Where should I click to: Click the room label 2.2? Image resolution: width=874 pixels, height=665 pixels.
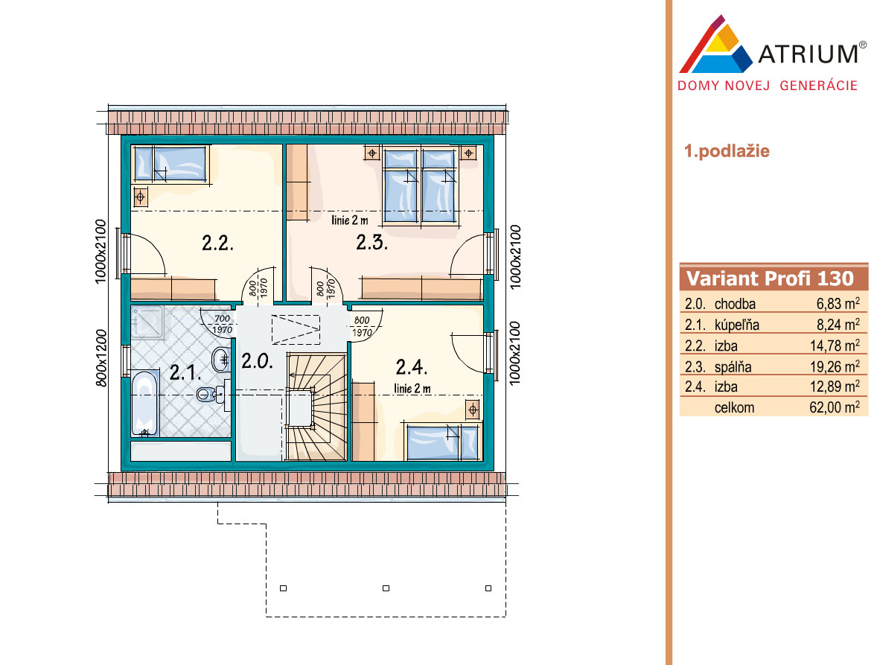(x=217, y=243)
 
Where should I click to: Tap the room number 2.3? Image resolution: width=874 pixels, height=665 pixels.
(x=371, y=243)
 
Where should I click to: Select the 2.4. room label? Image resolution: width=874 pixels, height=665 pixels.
(x=412, y=367)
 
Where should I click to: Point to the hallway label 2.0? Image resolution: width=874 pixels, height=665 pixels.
(x=257, y=361)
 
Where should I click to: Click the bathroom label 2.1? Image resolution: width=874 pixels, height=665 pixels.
(x=185, y=372)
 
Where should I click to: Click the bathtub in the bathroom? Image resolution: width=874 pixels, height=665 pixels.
(x=145, y=404)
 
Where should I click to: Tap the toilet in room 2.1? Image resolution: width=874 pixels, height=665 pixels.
(x=211, y=394)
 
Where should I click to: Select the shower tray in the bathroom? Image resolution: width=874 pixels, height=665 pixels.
(x=147, y=322)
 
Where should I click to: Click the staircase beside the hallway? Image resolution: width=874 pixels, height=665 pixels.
(x=316, y=407)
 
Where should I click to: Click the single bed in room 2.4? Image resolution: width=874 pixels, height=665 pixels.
(x=443, y=442)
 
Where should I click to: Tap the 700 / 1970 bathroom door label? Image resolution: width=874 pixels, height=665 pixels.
(x=222, y=325)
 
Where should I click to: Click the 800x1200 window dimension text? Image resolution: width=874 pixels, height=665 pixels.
(x=101, y=358)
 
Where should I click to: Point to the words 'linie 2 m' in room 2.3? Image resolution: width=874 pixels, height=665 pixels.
(x=349, y=220)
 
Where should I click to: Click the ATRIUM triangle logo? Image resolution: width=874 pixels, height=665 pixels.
(x=715, y=45)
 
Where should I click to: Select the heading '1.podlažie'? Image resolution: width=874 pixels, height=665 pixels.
(x=727, y=151)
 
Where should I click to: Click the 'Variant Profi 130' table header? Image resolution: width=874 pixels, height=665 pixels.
(x=770, y=279)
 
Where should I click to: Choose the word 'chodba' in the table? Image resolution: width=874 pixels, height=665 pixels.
(x=735, y=304)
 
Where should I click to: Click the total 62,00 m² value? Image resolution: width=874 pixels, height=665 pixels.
(x=835, y=407)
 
